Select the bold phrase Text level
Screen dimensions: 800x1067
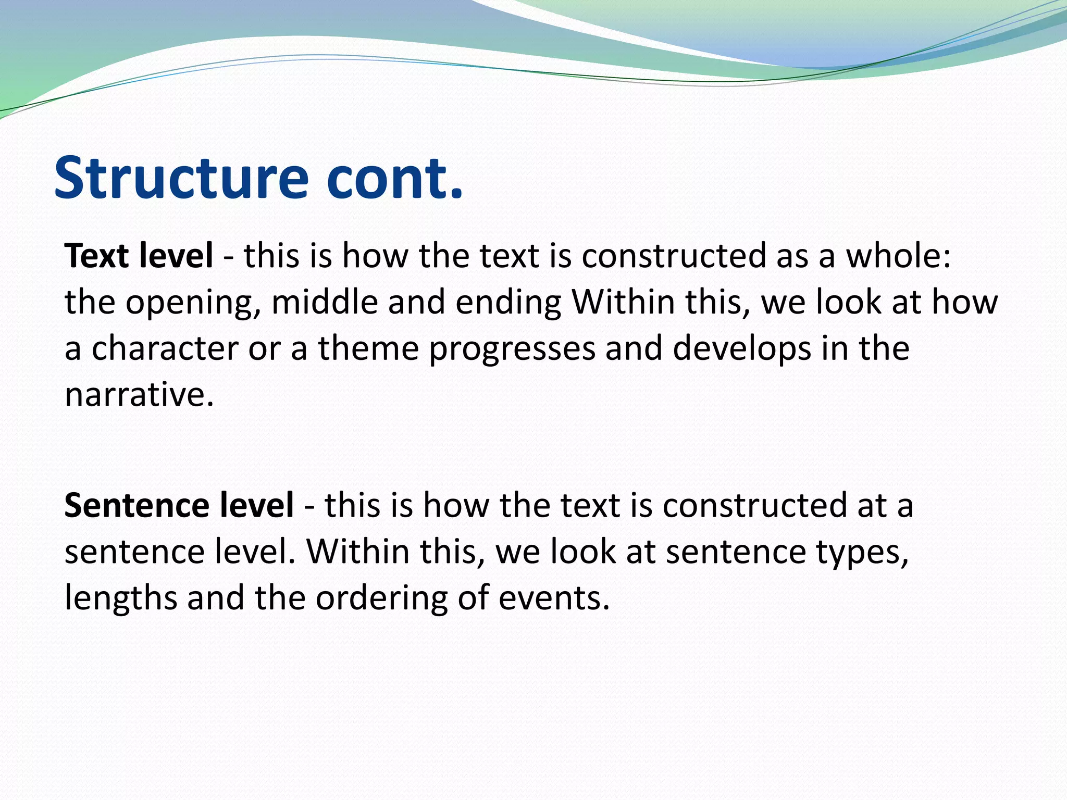[139, 256]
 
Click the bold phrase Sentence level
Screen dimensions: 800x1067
[179, 505]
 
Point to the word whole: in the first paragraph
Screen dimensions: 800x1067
[898, 256]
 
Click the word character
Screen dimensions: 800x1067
[165, 348]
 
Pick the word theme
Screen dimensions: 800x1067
[368, 348]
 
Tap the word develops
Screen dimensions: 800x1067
[742, 349]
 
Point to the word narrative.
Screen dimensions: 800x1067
[139, 394]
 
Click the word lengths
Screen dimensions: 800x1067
[121, 598]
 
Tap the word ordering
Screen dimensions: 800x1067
[381, 598]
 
